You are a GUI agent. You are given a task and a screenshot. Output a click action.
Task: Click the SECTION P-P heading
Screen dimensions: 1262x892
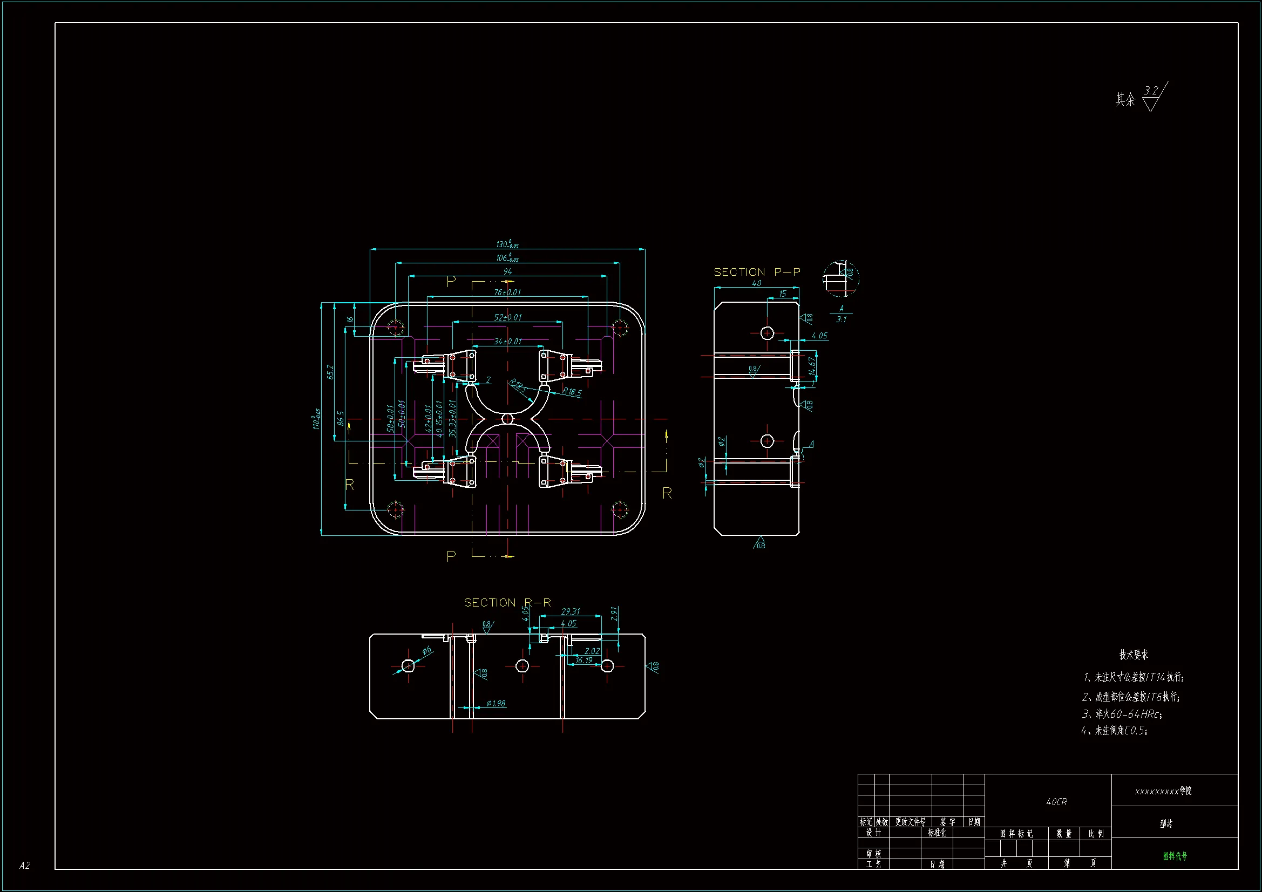(757, 272)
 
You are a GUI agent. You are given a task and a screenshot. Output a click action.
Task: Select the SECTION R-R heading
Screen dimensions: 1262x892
(507, 602)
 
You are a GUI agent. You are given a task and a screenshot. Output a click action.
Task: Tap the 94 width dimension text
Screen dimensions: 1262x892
(507, 271)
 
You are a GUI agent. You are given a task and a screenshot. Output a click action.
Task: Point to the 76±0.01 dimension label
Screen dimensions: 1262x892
(507, 292)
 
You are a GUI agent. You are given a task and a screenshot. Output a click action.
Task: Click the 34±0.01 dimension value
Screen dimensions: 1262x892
(507, 341)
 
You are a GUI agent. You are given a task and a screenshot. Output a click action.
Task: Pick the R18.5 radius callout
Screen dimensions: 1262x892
(572, 392)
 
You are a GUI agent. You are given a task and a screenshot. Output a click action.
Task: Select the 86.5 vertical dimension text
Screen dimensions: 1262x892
(341, 418)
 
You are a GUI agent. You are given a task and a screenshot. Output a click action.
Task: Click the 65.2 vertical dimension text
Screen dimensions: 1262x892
(330, 372)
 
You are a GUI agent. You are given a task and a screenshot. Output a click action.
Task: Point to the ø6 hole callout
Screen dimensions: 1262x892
(427, 651)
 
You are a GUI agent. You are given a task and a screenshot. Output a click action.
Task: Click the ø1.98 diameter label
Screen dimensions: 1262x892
(496, 704)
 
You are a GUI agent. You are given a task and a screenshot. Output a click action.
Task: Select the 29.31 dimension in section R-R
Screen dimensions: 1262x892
(571, 611)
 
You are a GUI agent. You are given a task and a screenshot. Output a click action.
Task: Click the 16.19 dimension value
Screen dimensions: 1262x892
(584, 660)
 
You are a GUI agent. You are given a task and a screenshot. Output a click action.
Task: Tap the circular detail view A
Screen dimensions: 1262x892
(841, 278)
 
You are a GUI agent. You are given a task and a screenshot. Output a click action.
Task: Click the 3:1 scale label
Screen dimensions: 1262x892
(841, 319)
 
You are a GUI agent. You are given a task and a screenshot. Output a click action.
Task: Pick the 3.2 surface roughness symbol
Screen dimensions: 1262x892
(1152, 97)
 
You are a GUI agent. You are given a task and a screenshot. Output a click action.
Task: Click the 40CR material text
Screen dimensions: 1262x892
(1056, 802)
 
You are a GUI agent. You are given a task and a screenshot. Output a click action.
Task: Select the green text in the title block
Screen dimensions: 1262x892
(1175, 856)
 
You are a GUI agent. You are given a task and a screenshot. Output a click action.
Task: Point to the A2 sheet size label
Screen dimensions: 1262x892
(25, 865)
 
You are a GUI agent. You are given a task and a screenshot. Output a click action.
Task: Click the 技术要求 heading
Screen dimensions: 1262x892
(1134, 655)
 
